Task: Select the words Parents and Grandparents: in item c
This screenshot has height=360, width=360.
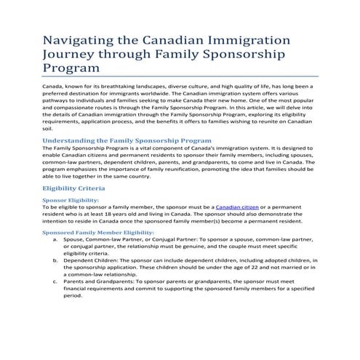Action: (x=99, y=281)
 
